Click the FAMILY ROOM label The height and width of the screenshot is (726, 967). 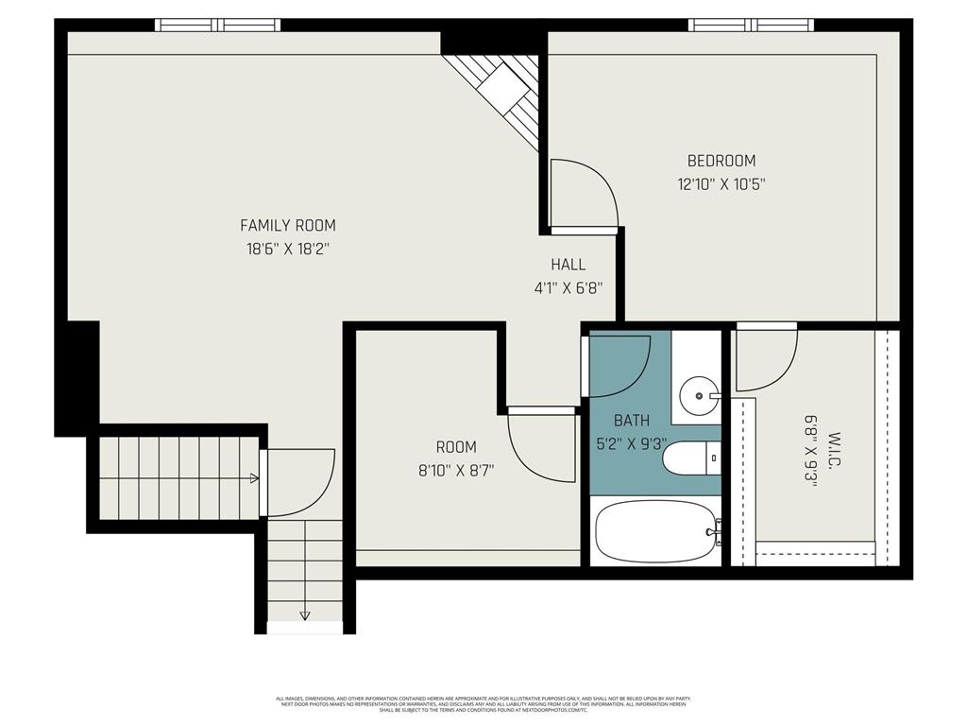tap(287, 225)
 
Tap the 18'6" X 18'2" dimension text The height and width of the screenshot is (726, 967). tap(287, 250)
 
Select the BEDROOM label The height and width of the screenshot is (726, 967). tap(721, 161)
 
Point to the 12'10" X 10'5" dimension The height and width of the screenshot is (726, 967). tap(721, 185)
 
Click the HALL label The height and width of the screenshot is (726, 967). tap(568, 265)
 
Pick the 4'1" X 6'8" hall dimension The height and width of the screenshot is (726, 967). tap(568, 289)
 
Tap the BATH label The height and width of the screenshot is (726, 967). tap(632, 420)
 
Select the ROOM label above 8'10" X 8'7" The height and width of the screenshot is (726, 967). tap(456, 446)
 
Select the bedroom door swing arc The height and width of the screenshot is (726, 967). tap(585, 195)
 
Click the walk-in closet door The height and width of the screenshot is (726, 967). tap(766, 359)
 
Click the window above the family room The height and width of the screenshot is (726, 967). tap(218, 26)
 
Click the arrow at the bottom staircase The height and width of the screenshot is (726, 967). tap(305, 615)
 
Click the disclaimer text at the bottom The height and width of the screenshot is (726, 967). tap(483, 704)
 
